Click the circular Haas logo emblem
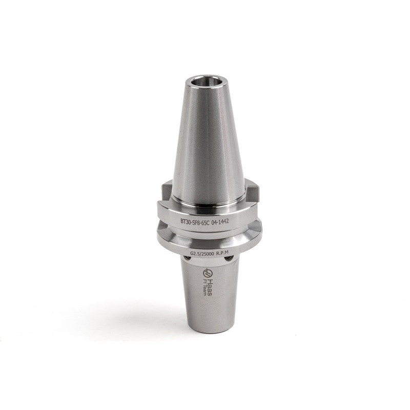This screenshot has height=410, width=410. point(208,271)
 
